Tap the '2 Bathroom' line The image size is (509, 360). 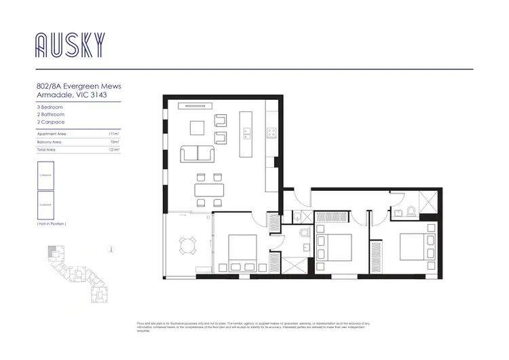pos(50,115)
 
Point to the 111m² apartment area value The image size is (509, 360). pos(114,134)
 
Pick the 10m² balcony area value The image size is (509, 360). pos(115,142)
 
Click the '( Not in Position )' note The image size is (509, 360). pos(52,223)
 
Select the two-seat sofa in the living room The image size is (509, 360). pos(197,154)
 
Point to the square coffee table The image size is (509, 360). pos(197,128)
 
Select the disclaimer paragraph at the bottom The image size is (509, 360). pos(254,327)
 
